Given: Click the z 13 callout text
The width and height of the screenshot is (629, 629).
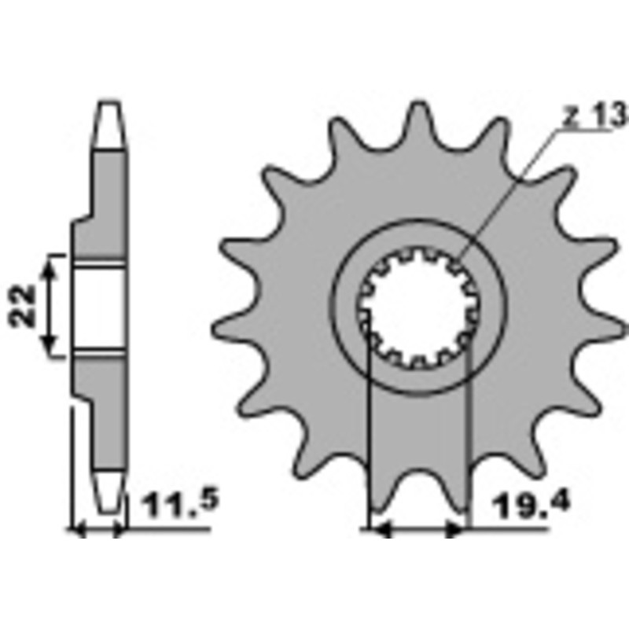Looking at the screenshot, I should click(595, 116).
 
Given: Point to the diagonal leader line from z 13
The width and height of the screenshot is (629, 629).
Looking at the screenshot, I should click(511, 189).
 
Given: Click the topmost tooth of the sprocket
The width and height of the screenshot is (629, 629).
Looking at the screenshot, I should click(416, 118).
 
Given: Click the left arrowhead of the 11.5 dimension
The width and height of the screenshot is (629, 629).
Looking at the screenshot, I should click(78, 532).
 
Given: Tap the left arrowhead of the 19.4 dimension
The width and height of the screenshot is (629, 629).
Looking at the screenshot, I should click(378, 532).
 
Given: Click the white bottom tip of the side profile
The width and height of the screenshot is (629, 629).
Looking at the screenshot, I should click(108, 487).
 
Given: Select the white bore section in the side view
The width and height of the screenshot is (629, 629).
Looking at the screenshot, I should click(97, 306).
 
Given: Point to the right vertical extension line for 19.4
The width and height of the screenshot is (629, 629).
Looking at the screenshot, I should click(468, 440).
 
